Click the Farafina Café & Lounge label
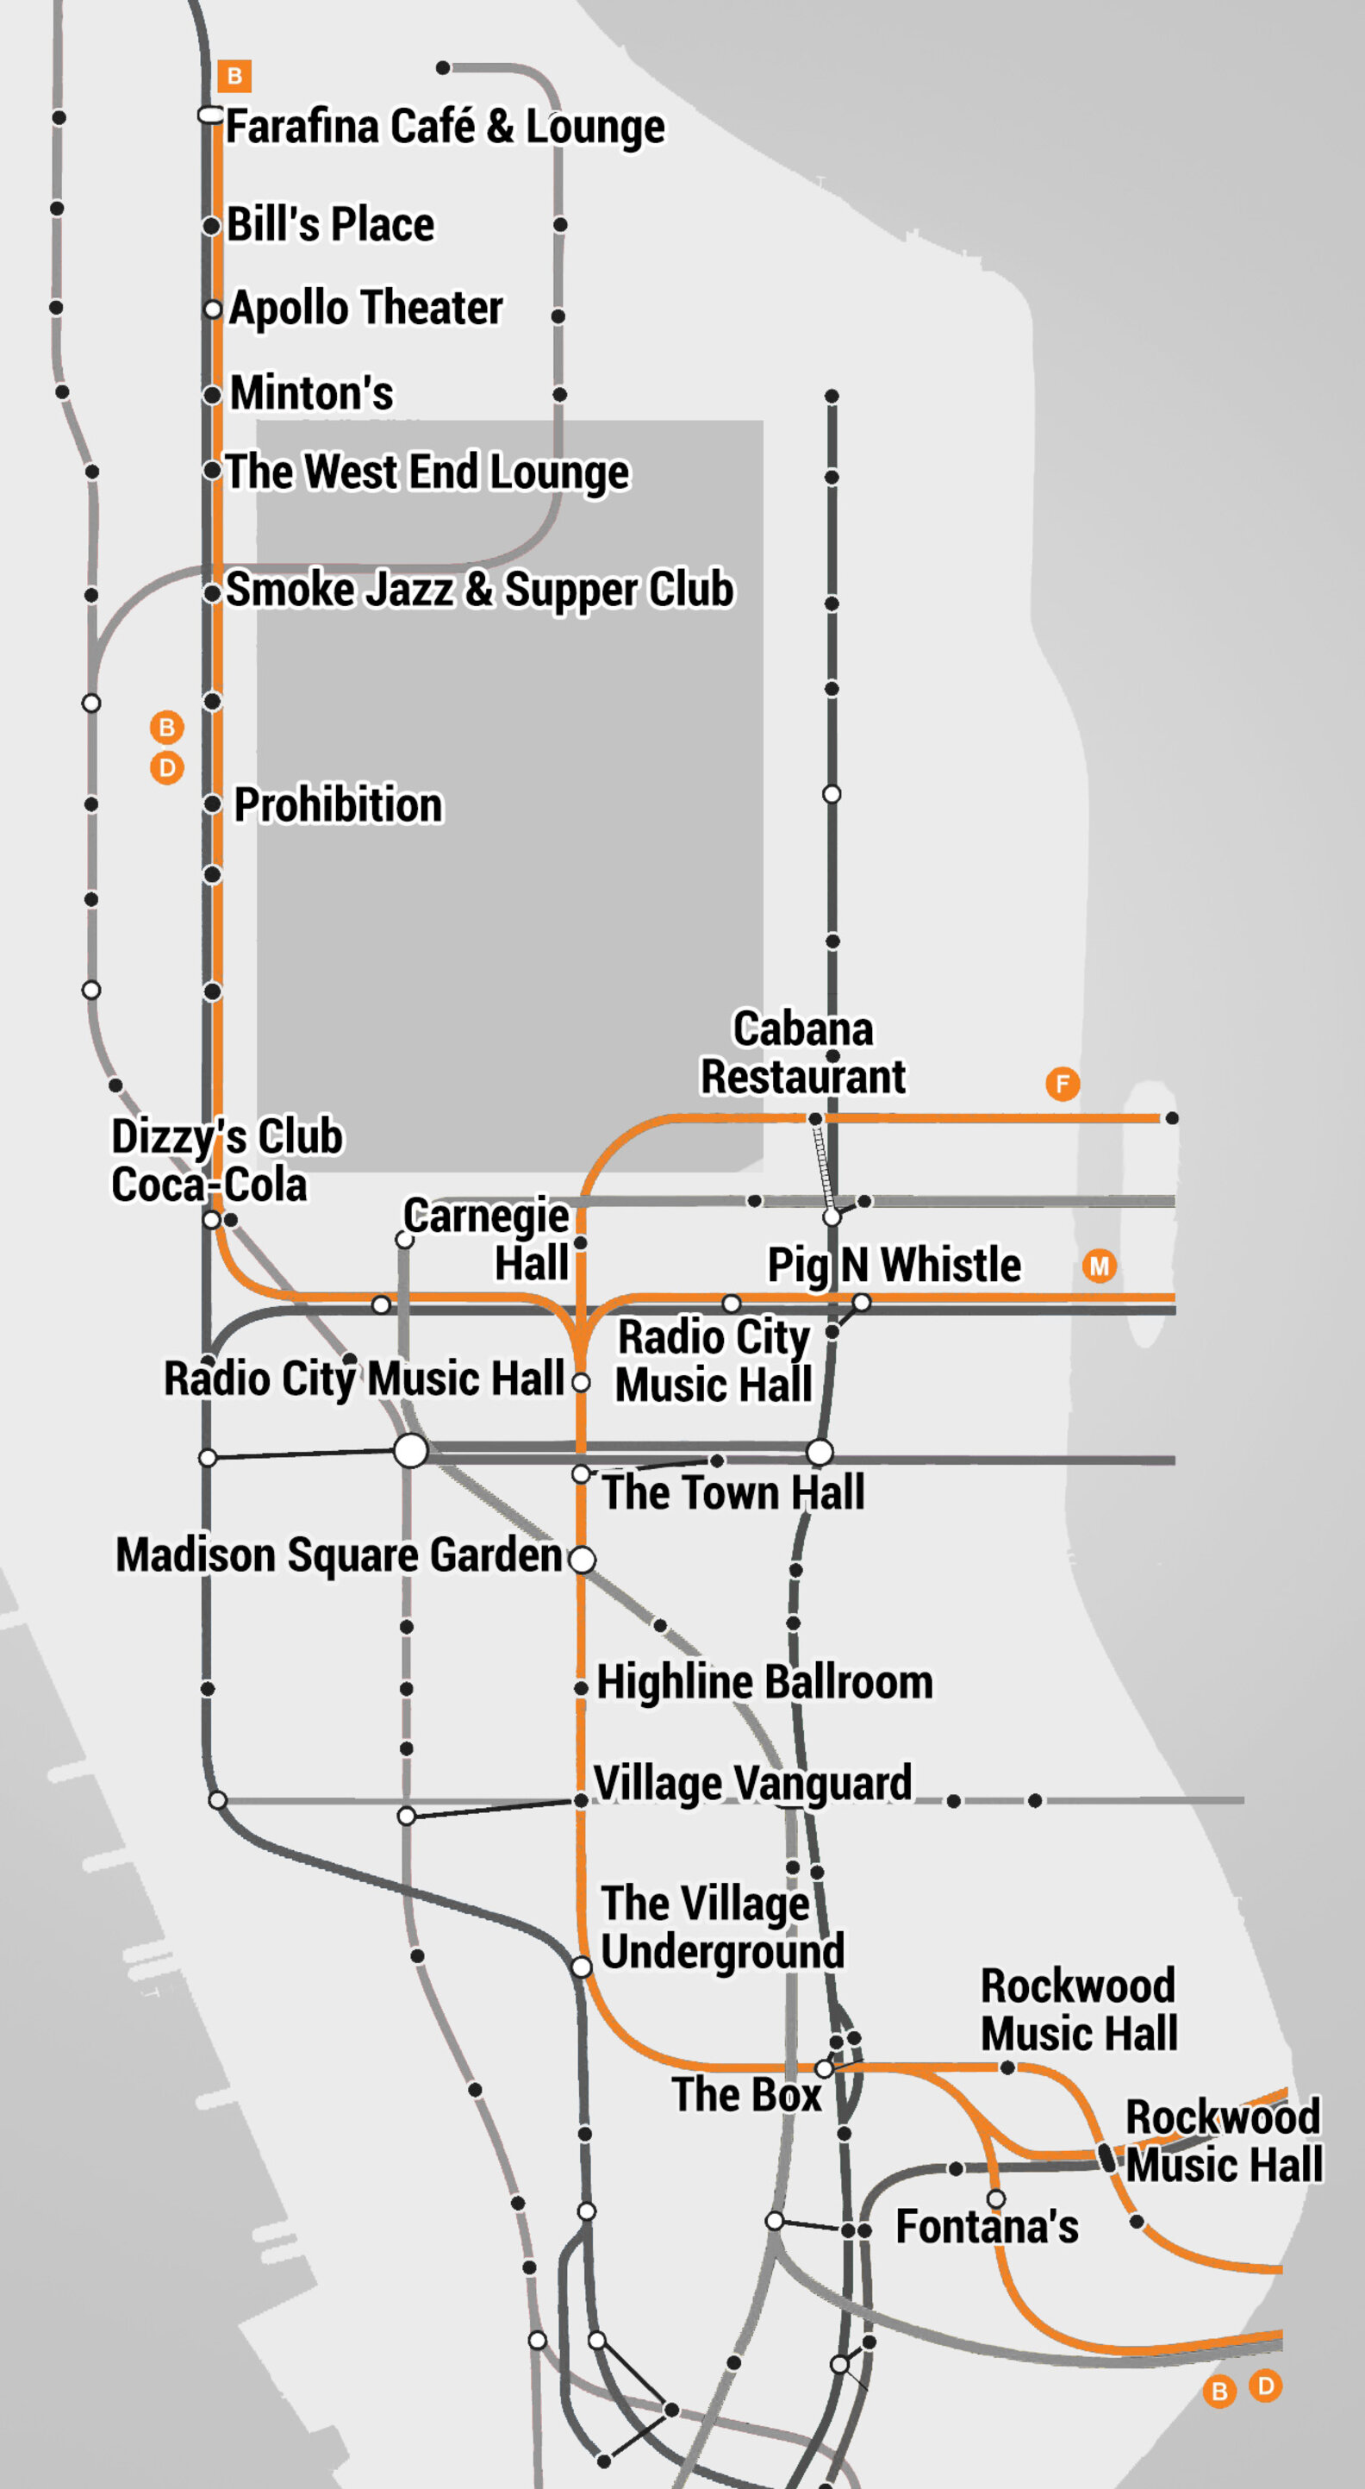point(445,127)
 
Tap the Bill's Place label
point(330,224)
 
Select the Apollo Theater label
point(365,309)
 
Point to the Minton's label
point(311,393)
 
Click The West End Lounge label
point(426,472)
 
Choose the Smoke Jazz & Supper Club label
point(479,590)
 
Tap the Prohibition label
point(338,805)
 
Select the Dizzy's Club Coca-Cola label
point(226,1160)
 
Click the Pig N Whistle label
point(894,1265)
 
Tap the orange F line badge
point(1063,1083)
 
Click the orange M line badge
point(1100,1266)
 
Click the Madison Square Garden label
point(338,1554)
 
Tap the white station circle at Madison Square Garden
point(582,1559)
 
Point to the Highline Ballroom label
point(764,1682)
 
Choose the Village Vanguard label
point(752,1783)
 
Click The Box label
point(745,2095)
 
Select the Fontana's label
point(987,2226)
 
